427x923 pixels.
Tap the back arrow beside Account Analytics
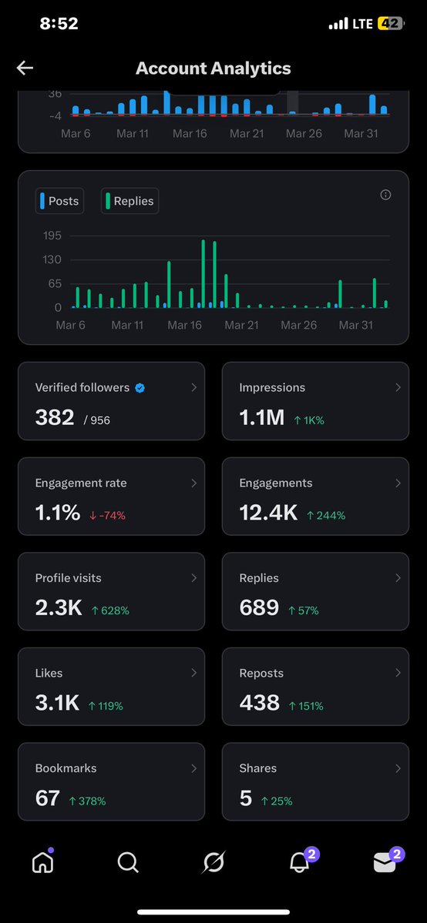(25, 69)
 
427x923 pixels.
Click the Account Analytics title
(213, 69)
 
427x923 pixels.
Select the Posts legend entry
(59, 201)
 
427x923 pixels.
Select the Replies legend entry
(129, 201)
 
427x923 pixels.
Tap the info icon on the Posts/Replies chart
(385, 195)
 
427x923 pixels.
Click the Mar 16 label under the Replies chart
(184, 325)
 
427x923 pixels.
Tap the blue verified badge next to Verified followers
(140, 388)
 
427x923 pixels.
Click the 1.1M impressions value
(262, 418)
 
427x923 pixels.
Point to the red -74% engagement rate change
(107, 515)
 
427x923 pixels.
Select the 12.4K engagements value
(268, 513)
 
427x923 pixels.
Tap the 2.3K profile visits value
(59, 608)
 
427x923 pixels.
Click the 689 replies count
(259, 608)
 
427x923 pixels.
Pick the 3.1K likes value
(57, 703)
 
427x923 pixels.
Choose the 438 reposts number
(259, 703)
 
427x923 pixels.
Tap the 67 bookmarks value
(48, 798)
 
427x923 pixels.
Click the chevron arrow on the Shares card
(398, 768)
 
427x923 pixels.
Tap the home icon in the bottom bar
(42, 863)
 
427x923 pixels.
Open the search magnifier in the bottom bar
(128, 863)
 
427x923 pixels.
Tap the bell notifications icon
(299, 863)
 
